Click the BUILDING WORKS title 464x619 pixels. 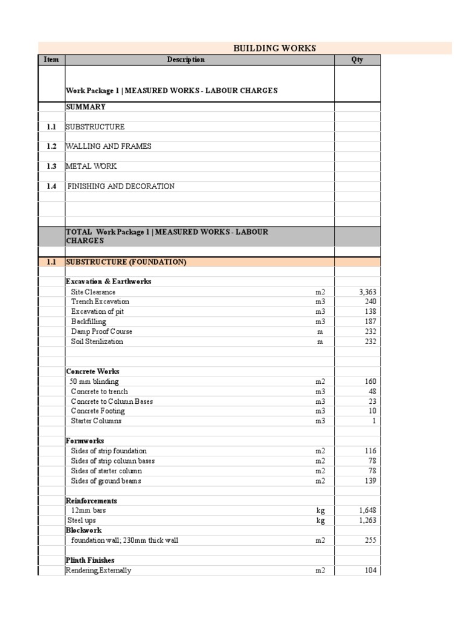[274, 48]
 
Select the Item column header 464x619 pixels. [51, 60]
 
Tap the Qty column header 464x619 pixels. [357, 60]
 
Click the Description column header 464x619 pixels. [185, 60]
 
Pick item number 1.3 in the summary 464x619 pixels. [51, 166]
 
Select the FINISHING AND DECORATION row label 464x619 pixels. [121, 186]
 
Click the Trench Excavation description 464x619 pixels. [100, 302]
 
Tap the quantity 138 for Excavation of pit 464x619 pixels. [370, 311]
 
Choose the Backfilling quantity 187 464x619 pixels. [370, 322]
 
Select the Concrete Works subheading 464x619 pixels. [92, 371]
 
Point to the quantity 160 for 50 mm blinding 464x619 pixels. [370, 381]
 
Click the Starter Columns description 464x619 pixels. [96, 421]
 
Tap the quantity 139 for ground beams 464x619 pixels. [370, 481]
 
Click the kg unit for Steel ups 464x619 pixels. [320, 520]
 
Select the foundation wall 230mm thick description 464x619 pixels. [124, 540]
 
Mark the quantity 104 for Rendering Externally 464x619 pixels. [370, 570]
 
